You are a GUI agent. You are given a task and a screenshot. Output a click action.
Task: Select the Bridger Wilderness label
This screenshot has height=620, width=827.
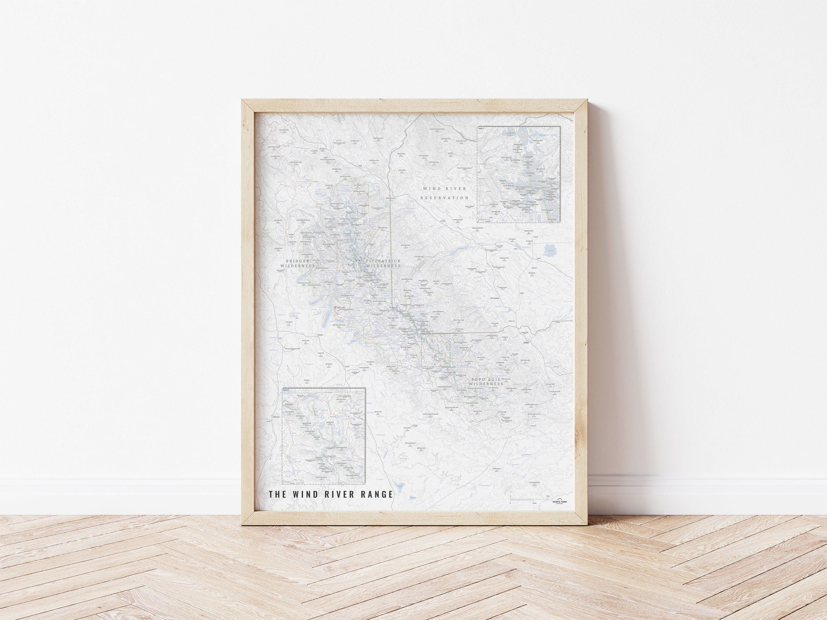(x=298, y=263)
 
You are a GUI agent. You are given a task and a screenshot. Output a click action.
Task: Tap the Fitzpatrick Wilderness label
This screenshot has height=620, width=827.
(x=383, y=263)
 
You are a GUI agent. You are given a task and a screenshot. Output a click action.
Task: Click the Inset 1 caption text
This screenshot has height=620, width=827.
(x=481, y=128)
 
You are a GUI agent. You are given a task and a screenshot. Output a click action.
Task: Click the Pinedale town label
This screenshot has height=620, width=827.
(x=320, y=335)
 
